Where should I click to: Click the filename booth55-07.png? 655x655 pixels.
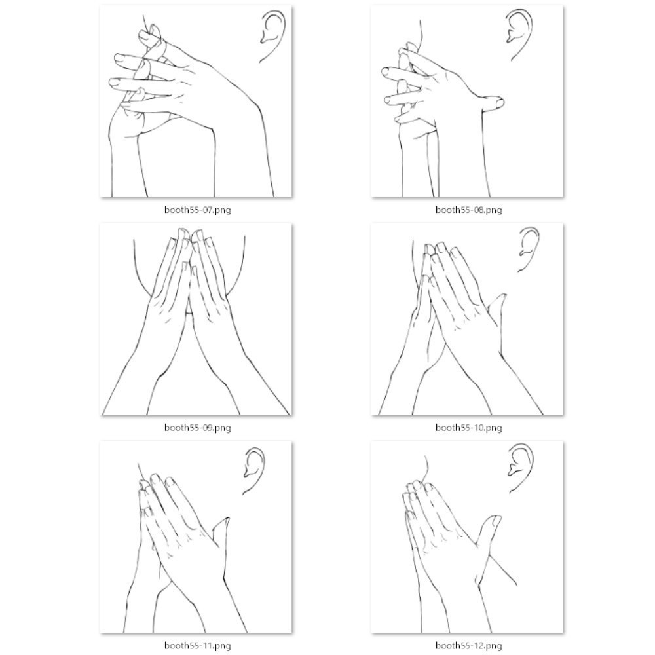point(198,210)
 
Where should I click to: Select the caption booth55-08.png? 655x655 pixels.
point(469,210)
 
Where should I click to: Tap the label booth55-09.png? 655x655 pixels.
point(198,428)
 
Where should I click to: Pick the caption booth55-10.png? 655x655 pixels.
point(469,428)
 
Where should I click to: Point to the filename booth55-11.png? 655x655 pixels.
point(198,646)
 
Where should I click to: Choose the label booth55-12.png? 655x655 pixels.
point(469,646)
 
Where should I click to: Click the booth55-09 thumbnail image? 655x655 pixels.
point(196,320)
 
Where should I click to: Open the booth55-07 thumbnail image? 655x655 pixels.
point(196,102)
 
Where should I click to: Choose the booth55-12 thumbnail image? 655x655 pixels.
point(468,538)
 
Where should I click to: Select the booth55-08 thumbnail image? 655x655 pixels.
point(468,102)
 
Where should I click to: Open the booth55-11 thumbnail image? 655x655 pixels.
point(196,538)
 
